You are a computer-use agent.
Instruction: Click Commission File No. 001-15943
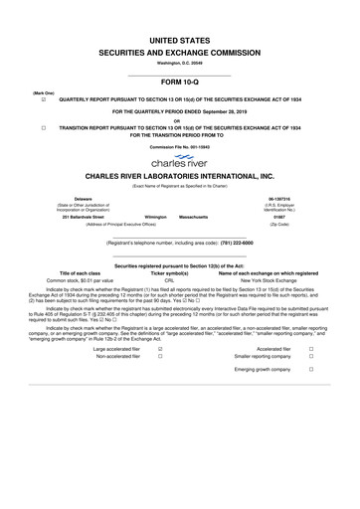coord(180,145)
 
